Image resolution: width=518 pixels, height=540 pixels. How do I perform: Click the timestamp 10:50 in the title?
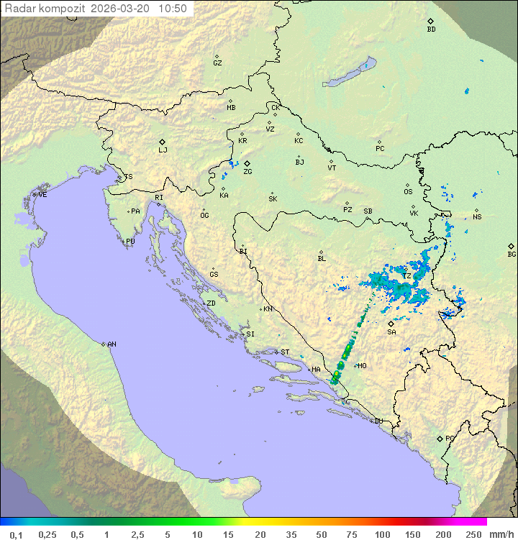click(x=173, y=9)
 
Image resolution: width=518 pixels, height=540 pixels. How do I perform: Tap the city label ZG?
click(x=247, y=172)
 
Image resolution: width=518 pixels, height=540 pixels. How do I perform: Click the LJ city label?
click(x=163, y=150)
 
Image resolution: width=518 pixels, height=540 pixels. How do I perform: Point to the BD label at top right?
click(x=431, y=29)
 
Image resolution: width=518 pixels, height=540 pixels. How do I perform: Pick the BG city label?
click(x=512, y=254)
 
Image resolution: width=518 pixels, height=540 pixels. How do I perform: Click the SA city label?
click(x=391, y=332)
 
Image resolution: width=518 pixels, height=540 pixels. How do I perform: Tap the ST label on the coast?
click(x=285, y=352)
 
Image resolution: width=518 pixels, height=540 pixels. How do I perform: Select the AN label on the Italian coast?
click(x=112, y=344)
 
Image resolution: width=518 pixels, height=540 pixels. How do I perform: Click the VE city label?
click(x=42, y=195)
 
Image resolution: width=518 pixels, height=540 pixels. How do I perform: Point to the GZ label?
click(x=217, y=63)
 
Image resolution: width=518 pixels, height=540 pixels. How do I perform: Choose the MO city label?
click(x=362, y=366)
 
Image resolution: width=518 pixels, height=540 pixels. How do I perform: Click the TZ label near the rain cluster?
click(x=406, y=276)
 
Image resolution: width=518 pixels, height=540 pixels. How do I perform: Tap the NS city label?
click(x=477, y=217)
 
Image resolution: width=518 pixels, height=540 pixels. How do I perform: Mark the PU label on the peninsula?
click(x=130, y=242)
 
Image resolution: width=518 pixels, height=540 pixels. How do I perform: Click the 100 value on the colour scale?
click(x=382, y=534)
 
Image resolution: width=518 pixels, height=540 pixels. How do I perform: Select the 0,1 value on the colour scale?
click(x=16, y=534)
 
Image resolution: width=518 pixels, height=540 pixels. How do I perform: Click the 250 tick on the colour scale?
click(x=473, y=534)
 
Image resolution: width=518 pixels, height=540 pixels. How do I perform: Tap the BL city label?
click(x=322, y=259)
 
